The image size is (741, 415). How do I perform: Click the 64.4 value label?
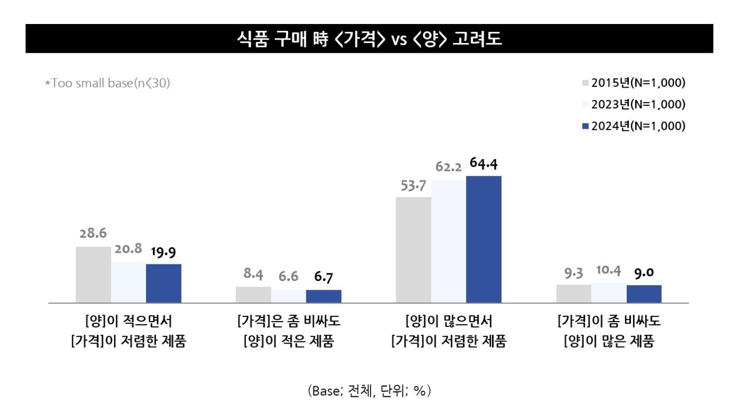pyautogui.click(x=483, y=164)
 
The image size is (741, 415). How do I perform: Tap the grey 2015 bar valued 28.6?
pyautogui.click(x=93, y=274)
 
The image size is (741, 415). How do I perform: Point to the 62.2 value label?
pyautogui.click(x=449, y=168)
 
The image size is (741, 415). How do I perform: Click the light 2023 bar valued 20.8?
pyautogui.click(x=128, y=282)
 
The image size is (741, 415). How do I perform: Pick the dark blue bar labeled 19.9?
pyautogui.click(x=163, y=283)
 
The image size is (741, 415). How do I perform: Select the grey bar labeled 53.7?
pyautogui.click(x=413, y=250)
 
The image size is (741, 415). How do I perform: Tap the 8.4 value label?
pyautogui.click(x=253, y=275)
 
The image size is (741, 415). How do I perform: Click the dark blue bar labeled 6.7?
pyautogui.click(x=324, y=296)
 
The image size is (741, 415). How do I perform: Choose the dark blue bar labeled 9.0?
pyautogui.click(x=644, y=294)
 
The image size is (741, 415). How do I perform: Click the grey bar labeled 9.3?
pyautogui.click(x=573, y=294)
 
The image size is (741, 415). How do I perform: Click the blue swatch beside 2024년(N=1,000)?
pyautogui.click(x=585, y=126)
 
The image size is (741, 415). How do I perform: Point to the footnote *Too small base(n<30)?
pyautogui.click(x=107, y=83)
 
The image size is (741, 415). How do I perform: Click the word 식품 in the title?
pyautogui.click(x=250, y=39)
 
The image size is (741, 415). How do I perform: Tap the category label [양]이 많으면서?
pyautogui.click(x=448, y=320)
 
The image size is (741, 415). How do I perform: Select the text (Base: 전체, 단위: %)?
pyautogui.click(x=369, y=390)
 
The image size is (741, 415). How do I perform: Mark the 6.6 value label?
pyautogui.click(x=288, y=276)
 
